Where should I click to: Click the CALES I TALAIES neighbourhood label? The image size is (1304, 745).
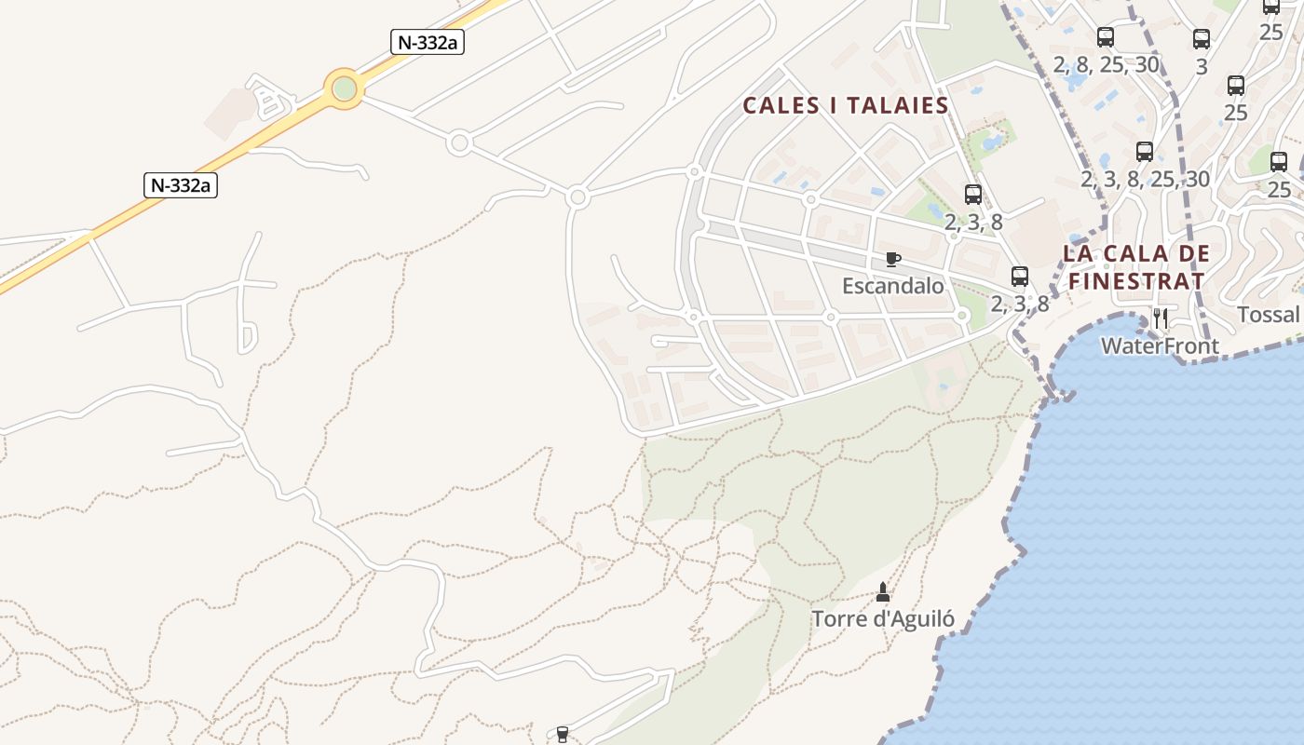tap(845, 105)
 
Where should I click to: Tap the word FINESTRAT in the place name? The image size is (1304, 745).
tap(1136, 280)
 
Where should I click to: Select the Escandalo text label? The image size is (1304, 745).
tap(892, 286)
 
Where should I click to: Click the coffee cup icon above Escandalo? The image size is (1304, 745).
tap(892, 260)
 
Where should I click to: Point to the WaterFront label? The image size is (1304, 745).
tap(1160, 346)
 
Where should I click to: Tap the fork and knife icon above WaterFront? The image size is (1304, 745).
tap(1161, 318)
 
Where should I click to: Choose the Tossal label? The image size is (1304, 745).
tap(1268, 315)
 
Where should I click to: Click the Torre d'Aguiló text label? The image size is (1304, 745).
tap(882, 618)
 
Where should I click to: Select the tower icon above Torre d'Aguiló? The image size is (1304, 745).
tap(883, 592)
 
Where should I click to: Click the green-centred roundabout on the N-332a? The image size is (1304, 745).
tap(345, 89)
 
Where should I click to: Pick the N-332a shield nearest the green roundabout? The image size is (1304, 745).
tap(428, 42)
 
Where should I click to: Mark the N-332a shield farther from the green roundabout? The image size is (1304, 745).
tap(181, 184)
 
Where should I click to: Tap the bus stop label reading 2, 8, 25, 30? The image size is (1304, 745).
tap(1106, 64)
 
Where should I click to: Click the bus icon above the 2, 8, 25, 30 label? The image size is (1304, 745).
tap(1106, 37)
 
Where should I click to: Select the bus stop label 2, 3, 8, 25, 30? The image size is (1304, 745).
tap(1145, 179)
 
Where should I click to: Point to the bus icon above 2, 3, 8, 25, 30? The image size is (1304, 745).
tap(1145, 152)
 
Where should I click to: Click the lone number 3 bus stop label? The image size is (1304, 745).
tap(1202, 66)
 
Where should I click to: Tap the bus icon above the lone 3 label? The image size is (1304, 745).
tap(1202, 39)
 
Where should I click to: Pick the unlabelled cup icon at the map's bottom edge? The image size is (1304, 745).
tap(562, 735)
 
